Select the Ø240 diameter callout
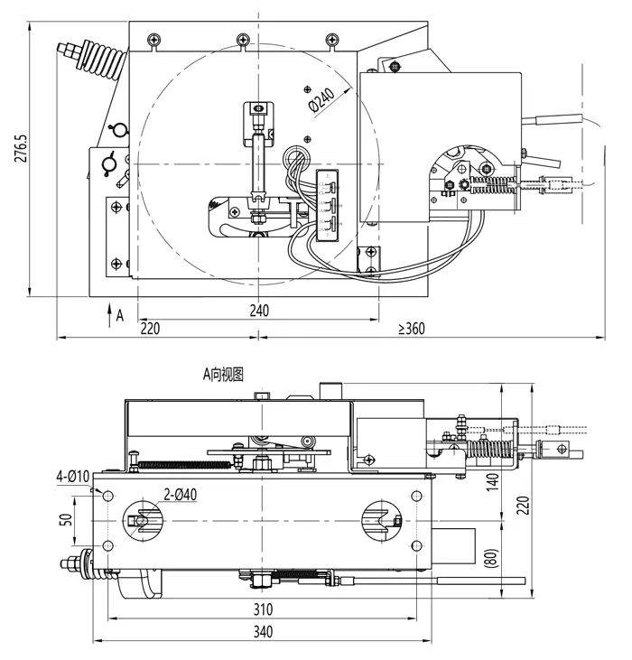[322, 100]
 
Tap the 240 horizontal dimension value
[258, 310]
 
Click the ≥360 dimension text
[412, 329]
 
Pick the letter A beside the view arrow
[120, 316]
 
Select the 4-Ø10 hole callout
[71, 476]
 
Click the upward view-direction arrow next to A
[107, 314]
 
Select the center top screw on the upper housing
[242, 39]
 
